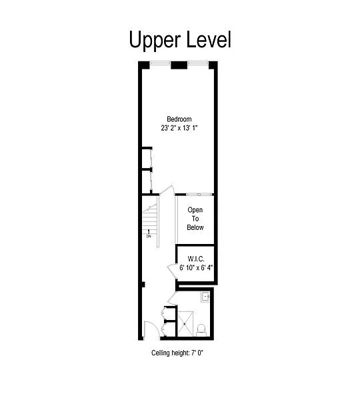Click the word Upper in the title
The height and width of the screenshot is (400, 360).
point(155,40)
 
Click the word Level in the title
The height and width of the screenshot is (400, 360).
point(209,39)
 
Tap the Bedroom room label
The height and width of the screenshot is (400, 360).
point(179,119)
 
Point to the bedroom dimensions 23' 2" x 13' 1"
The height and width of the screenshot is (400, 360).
point(179,128)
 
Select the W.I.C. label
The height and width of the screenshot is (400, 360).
point(196,259)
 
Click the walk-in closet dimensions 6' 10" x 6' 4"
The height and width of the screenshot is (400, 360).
point(196,267)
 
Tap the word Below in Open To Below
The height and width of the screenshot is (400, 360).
point(195,227)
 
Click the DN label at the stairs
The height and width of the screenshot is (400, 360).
point(149,236)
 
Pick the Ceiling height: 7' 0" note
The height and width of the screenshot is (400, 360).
point(177,353)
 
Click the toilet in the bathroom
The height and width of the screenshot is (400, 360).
point(201,330)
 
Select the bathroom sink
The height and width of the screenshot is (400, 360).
point(205,297)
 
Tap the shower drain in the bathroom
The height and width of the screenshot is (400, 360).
point(185,324)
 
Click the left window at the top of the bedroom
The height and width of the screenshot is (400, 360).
point(160,63)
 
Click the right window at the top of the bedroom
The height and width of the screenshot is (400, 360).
point(198,63)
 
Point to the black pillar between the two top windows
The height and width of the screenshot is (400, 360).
point(179,65)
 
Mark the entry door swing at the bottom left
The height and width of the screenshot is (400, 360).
point(151,329)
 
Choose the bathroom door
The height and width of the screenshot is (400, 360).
point(173,298)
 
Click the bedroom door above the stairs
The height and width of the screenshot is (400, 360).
point(167,190)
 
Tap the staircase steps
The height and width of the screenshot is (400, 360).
point(150,219)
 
